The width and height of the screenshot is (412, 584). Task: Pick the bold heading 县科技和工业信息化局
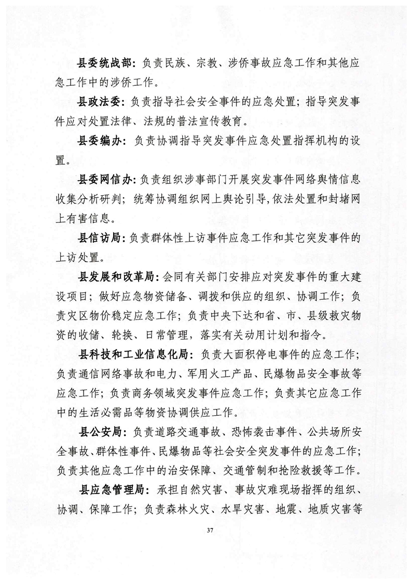coord(132,354)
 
